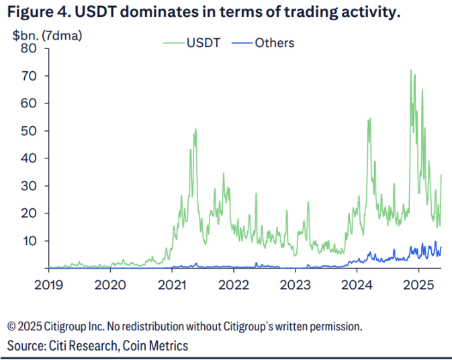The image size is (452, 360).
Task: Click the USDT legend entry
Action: coord(199,43)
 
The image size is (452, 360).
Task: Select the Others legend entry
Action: coord(274,43)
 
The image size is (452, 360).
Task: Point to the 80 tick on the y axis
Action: coord(29,48)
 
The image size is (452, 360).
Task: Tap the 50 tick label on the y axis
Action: coord(29,130)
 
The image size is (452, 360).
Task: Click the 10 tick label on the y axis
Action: coord(29,240)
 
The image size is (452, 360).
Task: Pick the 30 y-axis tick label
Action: coord(29,185)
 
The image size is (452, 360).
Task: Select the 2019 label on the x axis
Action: coord(48,283)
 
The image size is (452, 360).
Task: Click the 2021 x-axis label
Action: coord(172,283)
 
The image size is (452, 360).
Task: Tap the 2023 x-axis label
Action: coord(295,283)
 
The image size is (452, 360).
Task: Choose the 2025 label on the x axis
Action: coord(418,283)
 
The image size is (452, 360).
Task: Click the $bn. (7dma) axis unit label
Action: coord(48,36)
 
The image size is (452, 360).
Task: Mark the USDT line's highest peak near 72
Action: coord(410,71)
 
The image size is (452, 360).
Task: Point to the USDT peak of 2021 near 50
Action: coord(195,129)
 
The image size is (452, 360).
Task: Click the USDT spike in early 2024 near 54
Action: coord(369,120)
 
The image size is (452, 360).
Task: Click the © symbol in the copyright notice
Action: coord(11,327)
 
